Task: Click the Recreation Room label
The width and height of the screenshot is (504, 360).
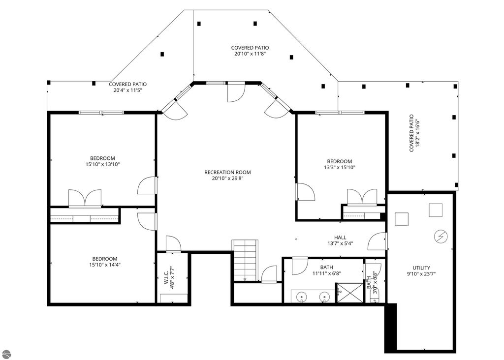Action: (x=227, y=173)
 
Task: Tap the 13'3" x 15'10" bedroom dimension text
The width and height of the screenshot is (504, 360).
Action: (x=340, y=167)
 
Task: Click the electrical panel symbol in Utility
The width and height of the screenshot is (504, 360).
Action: (x=441, y=237)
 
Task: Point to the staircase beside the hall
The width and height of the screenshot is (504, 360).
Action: (x=245, y=260)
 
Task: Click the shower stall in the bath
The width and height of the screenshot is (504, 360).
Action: (x=349, y=293)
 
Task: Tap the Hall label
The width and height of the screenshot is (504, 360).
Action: (x=340, y=238)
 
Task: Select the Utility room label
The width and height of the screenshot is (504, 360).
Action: (x=421, y=268)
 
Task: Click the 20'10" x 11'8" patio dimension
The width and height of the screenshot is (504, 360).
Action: (x=250, y=54)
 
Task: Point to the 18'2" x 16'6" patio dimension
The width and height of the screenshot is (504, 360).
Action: (x=417, y=133)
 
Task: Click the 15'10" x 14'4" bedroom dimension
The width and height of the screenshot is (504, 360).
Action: (x=105, y=265)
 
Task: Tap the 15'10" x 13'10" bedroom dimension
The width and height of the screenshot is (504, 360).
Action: (x=102, y=164)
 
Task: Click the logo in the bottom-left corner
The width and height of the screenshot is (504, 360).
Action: (x=6, y=354)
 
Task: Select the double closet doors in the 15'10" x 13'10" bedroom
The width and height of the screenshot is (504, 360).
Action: (x=85, y=198)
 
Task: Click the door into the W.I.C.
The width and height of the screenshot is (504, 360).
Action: (x=173, y=244)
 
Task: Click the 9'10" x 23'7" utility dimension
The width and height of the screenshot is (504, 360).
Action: (x=421, y=274)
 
